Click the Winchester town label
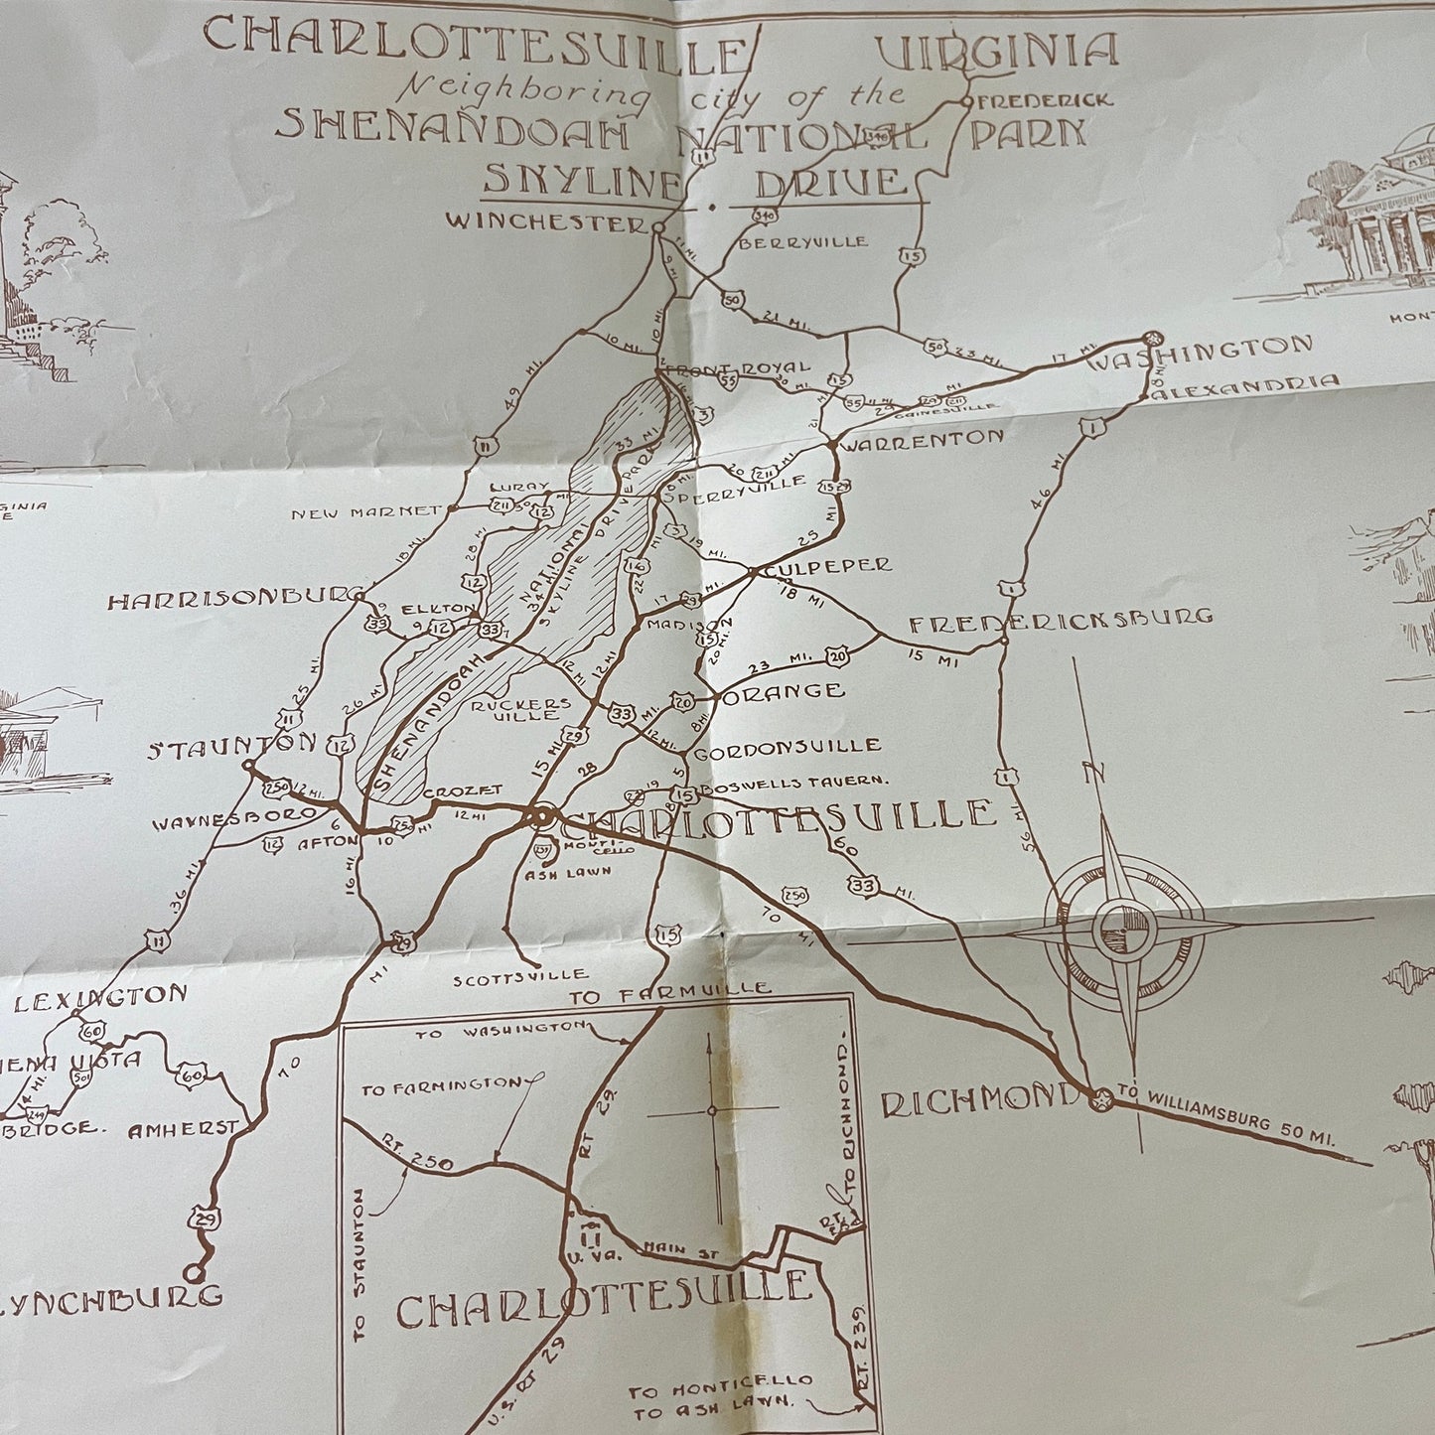(x=545, y=222)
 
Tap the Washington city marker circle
(x=1152, y=338)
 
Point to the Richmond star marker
(x=1100, y=1099)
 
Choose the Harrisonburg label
(x=234, y=600)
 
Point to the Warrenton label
(x=923, y=437)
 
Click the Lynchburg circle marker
(x=193, y=1272)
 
